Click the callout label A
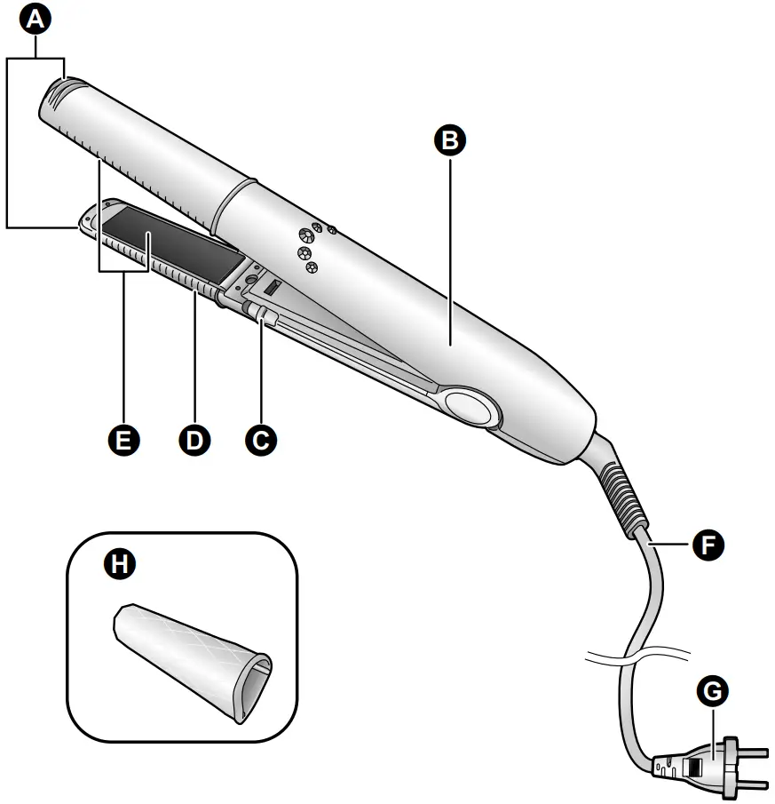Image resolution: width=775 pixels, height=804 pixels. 36,19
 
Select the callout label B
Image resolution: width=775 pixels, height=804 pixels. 451,140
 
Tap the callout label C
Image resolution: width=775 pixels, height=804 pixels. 260,438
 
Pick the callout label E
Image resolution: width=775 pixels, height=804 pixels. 124,438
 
